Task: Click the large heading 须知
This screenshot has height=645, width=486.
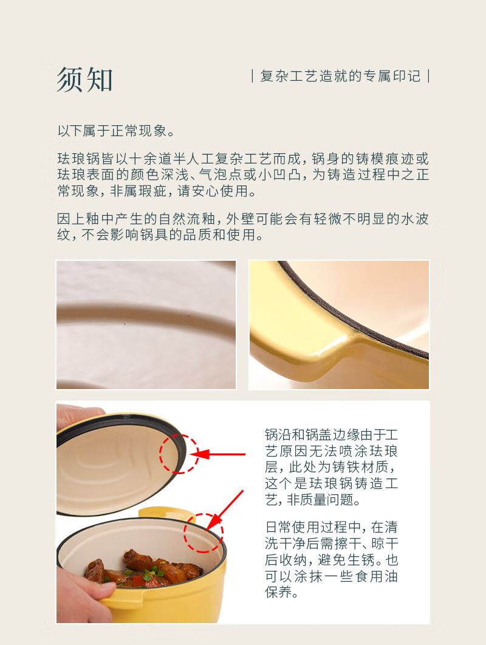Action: pyautogui.click(x=84, y=80)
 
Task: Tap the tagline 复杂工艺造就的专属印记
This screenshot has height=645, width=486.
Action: pyautogui.click(x=340, y=76)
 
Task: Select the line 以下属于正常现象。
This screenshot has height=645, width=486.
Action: pyautogui.click(x=117, y=131)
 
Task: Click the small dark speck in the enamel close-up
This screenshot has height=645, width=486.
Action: pyautogui.click(x=125, y=325)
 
